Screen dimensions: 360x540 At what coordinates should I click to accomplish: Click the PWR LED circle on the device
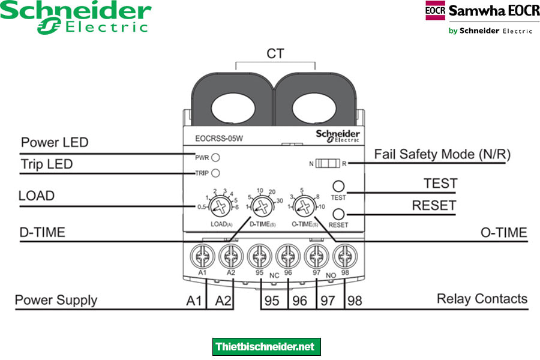[x=215, y=158]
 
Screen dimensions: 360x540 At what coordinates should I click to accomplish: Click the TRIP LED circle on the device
[x=215, y=173]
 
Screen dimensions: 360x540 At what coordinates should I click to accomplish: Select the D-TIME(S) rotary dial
[x=260, y=208]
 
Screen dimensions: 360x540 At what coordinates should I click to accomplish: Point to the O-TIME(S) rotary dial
[x=305, y=208]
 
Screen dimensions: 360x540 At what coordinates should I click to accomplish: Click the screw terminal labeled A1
[x=203, y=256]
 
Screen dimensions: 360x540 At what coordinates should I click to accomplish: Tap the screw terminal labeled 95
[x=260, y=256]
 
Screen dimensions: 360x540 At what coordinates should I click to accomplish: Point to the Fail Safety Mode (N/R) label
[x=442, y=154]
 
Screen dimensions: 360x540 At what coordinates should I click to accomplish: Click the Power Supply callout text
[x=56, y=300]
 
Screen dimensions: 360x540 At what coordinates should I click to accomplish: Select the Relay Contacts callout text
[x=482, y=298]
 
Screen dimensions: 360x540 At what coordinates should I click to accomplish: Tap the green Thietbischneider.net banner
[x=266, y=347]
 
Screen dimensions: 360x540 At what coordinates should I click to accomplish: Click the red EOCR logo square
[x=435, y=11]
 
